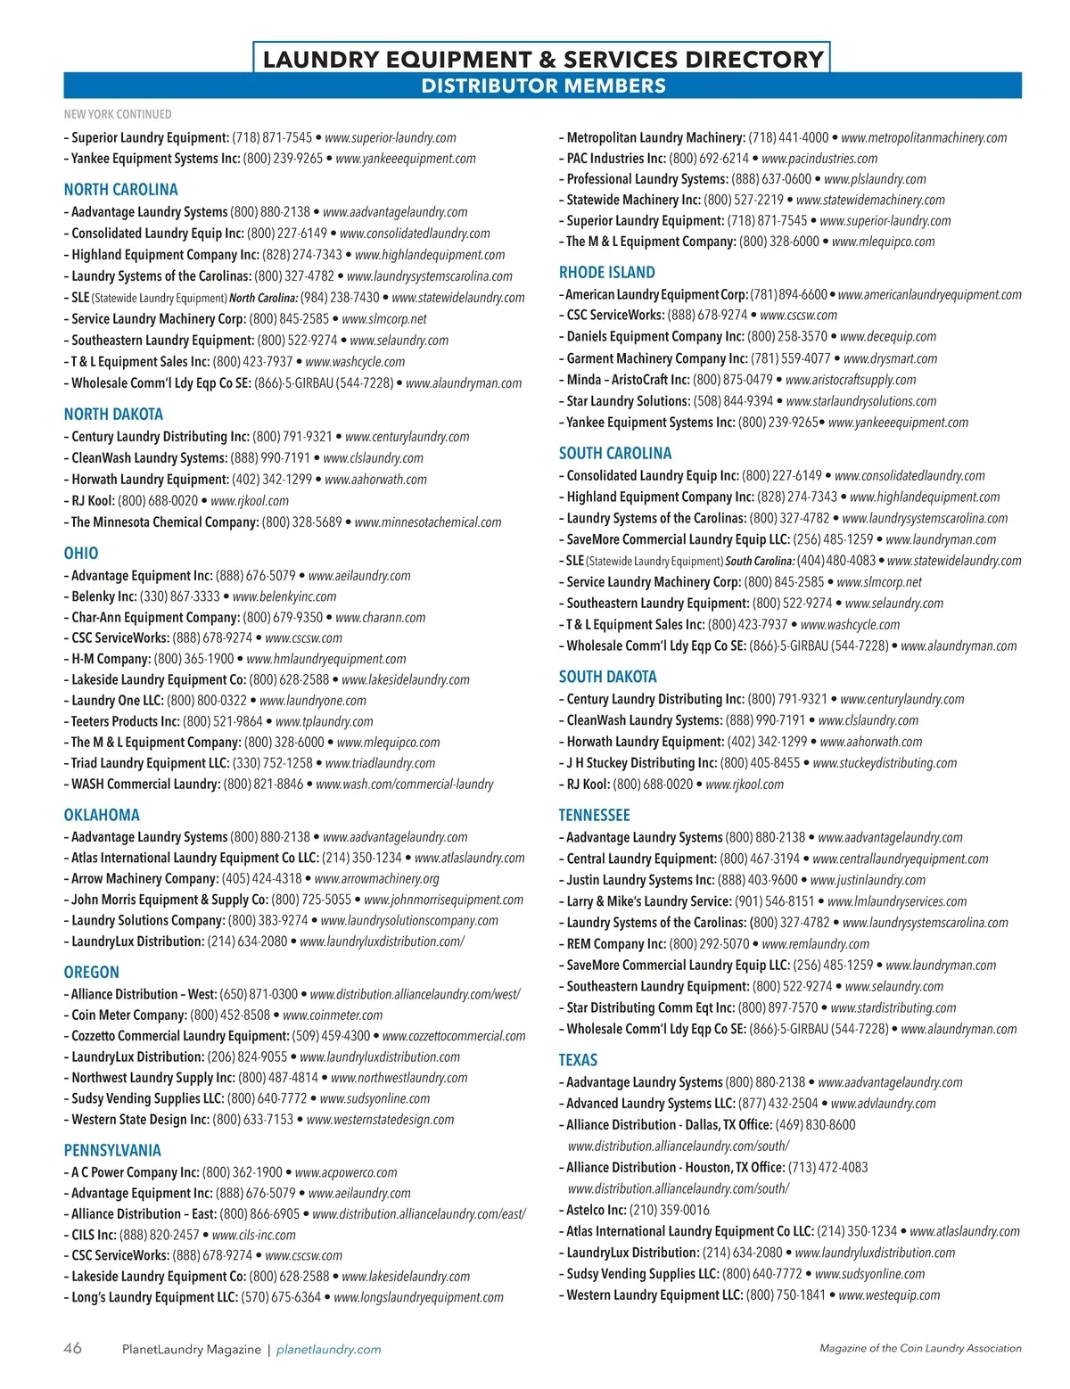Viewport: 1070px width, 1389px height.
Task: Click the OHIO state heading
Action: pos(81,554)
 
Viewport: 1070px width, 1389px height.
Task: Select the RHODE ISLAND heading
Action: pos(606,273)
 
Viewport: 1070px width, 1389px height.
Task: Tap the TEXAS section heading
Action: pos(578,1060)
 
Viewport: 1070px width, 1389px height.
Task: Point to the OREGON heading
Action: pos(91,973)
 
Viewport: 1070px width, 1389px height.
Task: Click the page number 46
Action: pos(72,1348)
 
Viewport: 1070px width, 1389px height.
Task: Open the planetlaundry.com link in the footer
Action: pos(328,1350)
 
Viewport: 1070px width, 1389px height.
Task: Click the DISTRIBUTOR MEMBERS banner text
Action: pos(543,86)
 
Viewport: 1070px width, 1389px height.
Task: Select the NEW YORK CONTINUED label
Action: pos(118,114)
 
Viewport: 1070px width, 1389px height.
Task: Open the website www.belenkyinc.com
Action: pos(284,596)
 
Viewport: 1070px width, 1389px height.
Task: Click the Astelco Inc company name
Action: pos(597,1210)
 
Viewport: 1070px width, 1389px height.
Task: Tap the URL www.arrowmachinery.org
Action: pos(377,879)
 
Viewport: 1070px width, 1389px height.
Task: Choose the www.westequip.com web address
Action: pos(889,1295)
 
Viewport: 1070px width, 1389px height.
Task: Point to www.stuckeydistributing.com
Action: pos(885,763)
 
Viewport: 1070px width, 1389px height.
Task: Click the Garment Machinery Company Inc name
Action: pos(657,358)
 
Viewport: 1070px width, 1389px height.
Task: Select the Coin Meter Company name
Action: pos(129,1015)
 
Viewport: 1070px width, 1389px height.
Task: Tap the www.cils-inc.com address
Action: pos(254,1236)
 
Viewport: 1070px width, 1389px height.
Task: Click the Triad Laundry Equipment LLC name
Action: pos(150,763)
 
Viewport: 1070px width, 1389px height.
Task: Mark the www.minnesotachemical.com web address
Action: pos(428,522)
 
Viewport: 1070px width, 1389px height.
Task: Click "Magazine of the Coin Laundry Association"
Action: pos(920,1349)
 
